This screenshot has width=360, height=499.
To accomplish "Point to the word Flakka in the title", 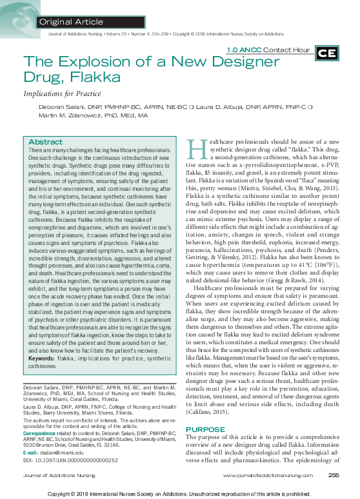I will [90, 79].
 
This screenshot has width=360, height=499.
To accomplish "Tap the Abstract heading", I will [46, 142].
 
